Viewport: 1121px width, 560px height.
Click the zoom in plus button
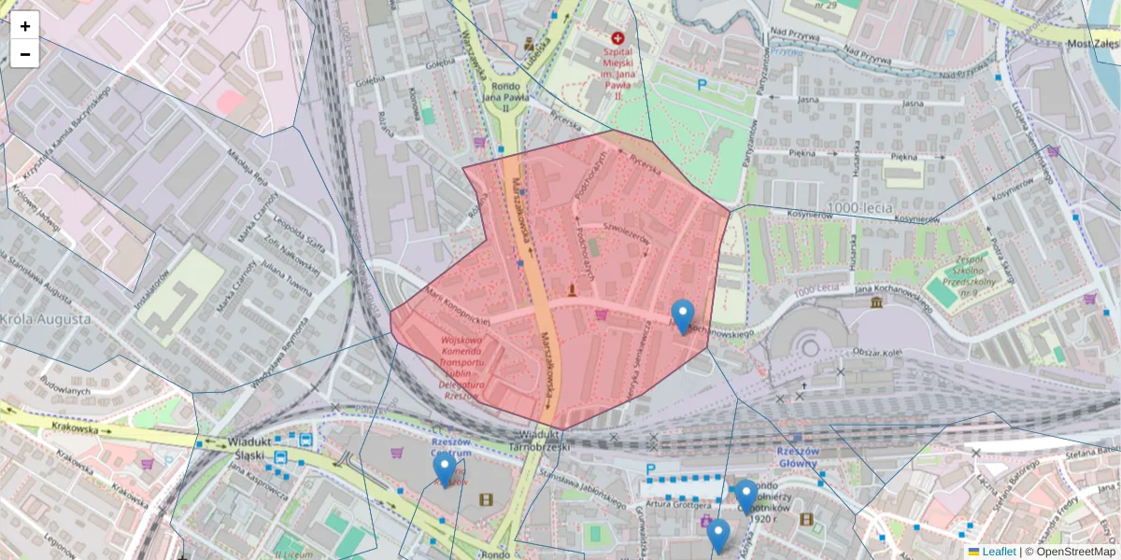point(25,26)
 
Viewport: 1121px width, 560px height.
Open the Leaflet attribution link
point(998,552)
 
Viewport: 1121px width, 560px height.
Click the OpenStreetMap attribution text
point(1071,552)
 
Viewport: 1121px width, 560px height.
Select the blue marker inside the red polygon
point(683,315)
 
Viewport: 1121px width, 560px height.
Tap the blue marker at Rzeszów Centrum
point(445,469)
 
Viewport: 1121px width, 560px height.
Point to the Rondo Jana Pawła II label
point(510,96)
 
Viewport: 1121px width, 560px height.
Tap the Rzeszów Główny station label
point(798,457)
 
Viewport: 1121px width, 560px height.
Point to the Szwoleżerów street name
point(626,231)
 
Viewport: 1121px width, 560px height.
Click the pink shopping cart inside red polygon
point(601,315)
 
